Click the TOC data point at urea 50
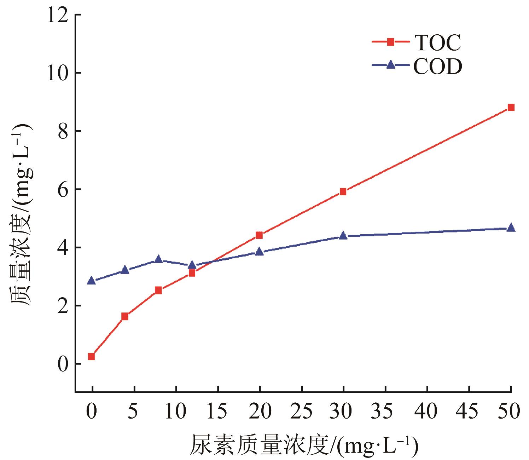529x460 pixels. pyautogui.click(x=511, y=107)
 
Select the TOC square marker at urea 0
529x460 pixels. pyautogui.click(x=91, y=356)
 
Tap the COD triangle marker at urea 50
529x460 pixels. pyautogui.click(x=511, y=228)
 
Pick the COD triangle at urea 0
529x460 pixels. pyautogui.click(x=91, y=281)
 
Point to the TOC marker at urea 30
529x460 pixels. pyautogui.click(x=343, y=191)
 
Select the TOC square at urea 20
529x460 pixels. pyautogui.click(x=259, y=235)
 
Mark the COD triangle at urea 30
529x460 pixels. pyautogui.click(x=343, y=235)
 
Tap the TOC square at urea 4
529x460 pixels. pyautogui.click(x=124, y=316)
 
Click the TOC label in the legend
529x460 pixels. pyautogui.click(x=438, y=42)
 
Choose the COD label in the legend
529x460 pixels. pyautogui.click(x=438, y=66)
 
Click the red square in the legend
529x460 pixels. pyautogui.click(x=390, y=42)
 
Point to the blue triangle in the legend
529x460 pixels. pyautogui.click(x=390, y=65)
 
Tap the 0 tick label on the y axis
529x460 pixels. pyautogui.click(x=63, y=364)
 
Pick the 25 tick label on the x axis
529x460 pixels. pyautogui.click(x=302, y=411)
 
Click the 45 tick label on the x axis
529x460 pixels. pyautogui.click(x=469, y=411)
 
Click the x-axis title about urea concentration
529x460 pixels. pyautogui.click(x=304, y=445)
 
